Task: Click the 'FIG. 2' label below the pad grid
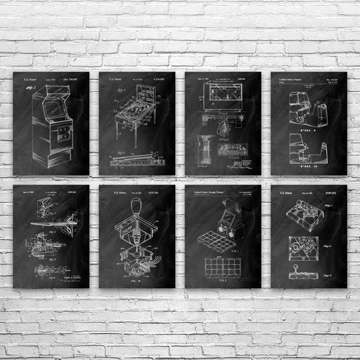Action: point(223,282)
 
